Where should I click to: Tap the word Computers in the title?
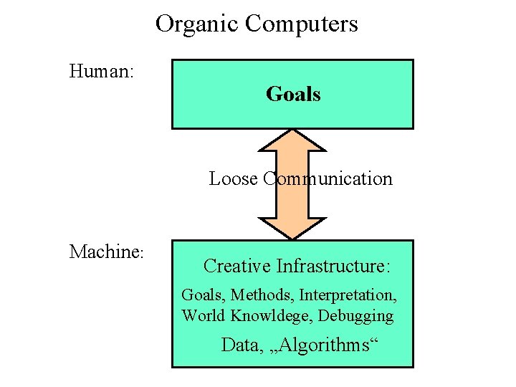301,24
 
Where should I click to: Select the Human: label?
104,71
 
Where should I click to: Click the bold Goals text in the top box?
293,94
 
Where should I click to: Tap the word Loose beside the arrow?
233,178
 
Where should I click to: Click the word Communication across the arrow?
328,178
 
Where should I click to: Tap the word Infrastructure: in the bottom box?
333,267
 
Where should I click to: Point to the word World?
202,315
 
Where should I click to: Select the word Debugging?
356,316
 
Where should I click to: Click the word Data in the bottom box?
239,345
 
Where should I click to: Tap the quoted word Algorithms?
321,345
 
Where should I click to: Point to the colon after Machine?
143,254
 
